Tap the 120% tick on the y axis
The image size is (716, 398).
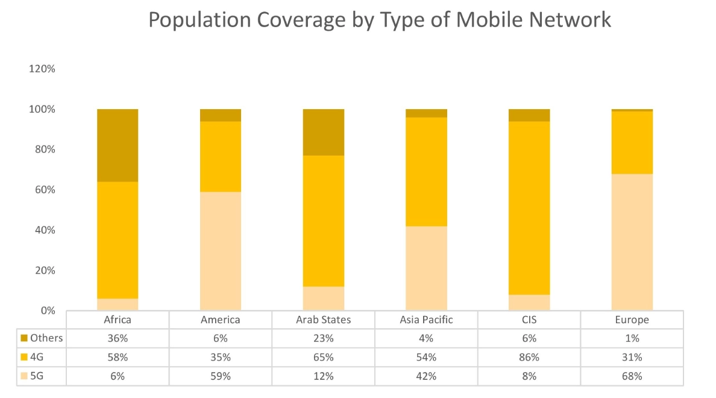click(x=42, y=69)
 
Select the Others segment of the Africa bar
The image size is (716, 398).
click(x=118, y=145)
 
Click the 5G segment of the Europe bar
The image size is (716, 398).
click(x=632, y=242)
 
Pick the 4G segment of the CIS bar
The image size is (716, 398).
click(x=529, y=208)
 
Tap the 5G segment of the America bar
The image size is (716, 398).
click(x=221, y=251)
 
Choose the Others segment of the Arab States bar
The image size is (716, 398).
click(x=323, y=132)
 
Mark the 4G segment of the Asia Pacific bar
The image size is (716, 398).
click(x=426, y=172)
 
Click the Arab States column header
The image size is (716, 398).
click(x=323, y=320)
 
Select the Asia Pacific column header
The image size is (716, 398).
click(x=426, y=320)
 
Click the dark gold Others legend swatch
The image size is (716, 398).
click(x=24, y=338)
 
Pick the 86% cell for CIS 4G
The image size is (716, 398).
click(x=529, y=357)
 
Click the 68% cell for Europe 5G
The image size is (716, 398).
click(x=632, y=376)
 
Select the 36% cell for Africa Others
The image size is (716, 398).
click(x=118, y=338)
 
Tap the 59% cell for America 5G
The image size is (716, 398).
click(x=221, y=376)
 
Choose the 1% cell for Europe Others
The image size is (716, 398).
click(x=632, y=338)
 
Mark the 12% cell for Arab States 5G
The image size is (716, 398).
click(x=323, y=376)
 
